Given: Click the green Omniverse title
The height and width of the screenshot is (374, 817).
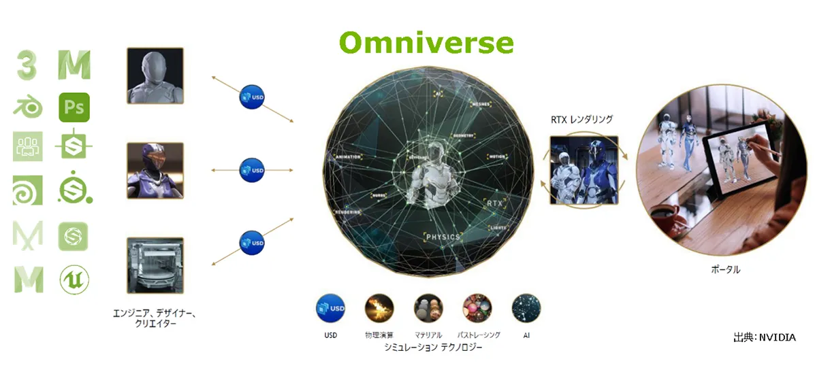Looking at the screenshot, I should click(426, 43).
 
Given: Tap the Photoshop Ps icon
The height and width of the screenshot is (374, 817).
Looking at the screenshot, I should click(74, 107).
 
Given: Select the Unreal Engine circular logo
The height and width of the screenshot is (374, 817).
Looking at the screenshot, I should click(74, 279).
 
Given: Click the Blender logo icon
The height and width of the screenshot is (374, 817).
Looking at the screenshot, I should click(28, 107).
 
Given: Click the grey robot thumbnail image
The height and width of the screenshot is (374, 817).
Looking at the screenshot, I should click(155, 75).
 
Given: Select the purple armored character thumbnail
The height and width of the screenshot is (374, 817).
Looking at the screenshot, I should click(155, 170).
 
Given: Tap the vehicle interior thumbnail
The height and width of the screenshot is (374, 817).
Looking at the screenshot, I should click(155, 265).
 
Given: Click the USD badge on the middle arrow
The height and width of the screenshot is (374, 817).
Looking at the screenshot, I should click(252, 169).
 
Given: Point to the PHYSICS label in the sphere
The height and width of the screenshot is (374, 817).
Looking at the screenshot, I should click(443, 237).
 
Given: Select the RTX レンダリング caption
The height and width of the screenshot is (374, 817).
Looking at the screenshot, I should click(581, 120).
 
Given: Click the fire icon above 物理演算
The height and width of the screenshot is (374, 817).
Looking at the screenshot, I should click(379, 307).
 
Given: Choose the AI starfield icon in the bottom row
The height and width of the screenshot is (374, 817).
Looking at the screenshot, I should click(526, 307).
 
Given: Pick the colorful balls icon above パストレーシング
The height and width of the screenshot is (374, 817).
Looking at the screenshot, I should click(477, 307).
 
